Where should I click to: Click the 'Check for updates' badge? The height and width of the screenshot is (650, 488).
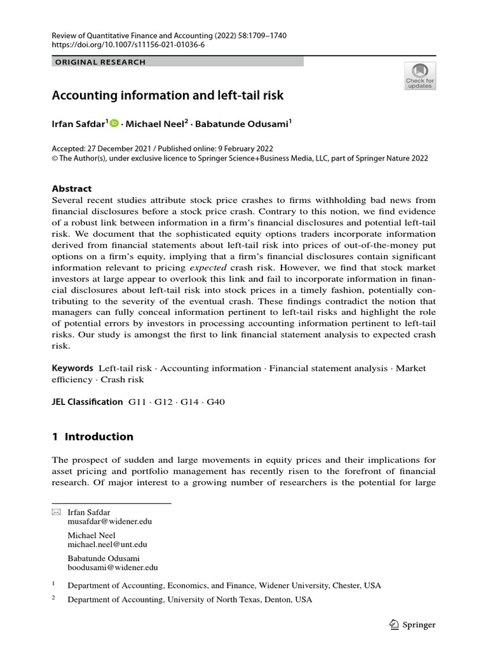(420, 76)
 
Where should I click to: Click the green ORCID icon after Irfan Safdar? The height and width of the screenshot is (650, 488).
(114, 125)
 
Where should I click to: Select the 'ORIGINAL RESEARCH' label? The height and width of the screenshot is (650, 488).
(100, 62)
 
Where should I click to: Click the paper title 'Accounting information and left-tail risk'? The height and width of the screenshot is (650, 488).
(167, 96)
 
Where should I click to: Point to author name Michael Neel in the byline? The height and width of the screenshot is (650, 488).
(152, 126)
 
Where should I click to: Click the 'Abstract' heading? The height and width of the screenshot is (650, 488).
(71, 189)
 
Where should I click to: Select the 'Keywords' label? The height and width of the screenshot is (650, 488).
(72, 368)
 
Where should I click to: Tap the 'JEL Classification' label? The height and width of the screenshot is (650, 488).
(87, 402)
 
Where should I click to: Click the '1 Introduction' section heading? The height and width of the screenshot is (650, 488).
(92, 437)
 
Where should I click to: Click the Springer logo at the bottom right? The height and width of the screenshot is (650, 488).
(412, 625)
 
